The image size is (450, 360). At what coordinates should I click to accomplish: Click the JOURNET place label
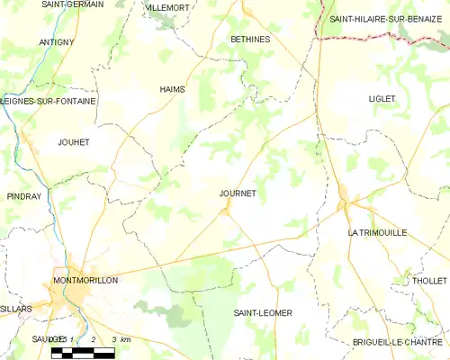click(238, 193)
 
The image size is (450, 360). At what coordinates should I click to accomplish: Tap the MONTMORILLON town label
click(85, 280)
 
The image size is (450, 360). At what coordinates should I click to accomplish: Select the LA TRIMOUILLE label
click(377, 232)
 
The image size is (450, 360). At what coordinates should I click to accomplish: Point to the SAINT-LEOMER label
click(263, 312)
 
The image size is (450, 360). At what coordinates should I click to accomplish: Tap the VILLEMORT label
click(167, 7)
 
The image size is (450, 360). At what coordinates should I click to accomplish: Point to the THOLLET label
click(428, 281)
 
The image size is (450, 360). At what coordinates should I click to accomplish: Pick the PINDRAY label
click(23, 195)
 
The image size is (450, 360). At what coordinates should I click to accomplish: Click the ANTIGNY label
click(56, 42)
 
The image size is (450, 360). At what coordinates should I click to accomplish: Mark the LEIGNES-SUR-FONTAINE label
click(49, 102)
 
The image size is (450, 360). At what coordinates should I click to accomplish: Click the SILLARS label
click(16, 308)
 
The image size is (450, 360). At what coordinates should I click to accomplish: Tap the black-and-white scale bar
click(81, 351)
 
